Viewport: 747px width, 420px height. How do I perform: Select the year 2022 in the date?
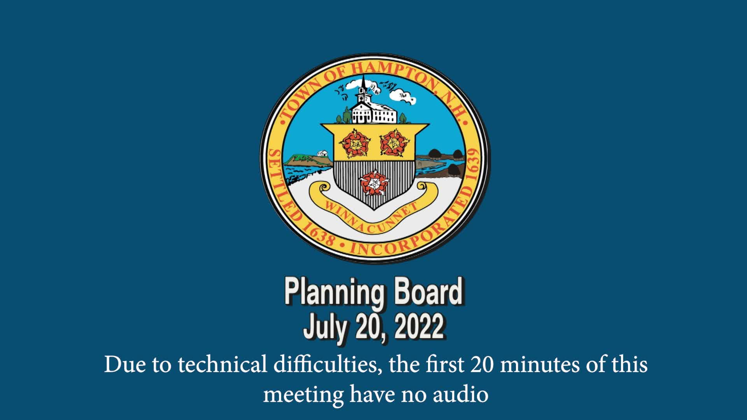pyautogui.click(x=419, y=327)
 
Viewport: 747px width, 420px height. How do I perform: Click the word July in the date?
pyautogui.click(x=324, y=328)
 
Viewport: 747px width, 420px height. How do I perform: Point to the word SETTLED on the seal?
pyautogui.click(x=282, y=185)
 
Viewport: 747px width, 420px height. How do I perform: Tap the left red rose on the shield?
pyautogui.click(x=354, y=143)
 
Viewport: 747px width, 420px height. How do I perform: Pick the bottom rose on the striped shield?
pyautogui.click(x=374, y=183)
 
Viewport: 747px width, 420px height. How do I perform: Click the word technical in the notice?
pyautogui.click(x=222, y=365)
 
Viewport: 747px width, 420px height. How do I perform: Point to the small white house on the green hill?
pyautogui.click(x=322, y=153)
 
